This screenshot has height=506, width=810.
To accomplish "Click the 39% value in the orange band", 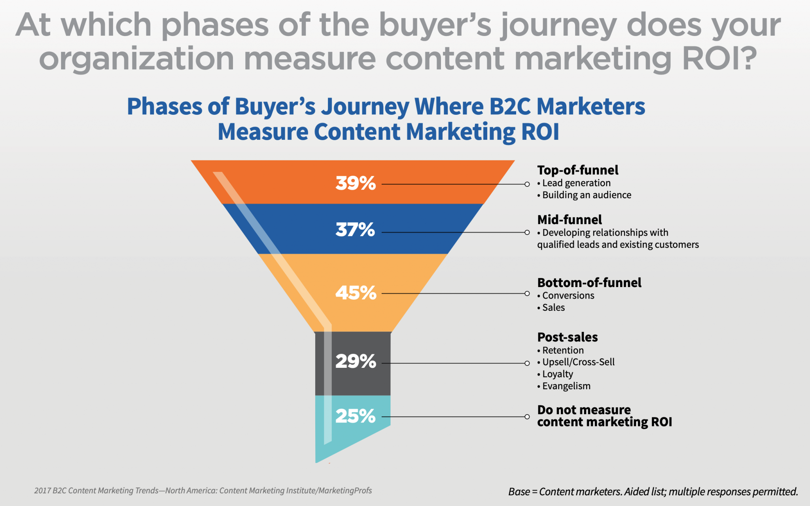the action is tap(356, 183).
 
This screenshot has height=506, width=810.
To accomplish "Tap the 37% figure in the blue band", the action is tap(355, 230).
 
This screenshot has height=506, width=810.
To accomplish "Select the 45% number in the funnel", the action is tap(356, 293).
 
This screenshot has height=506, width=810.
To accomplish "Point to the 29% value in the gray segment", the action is tap(356, 361).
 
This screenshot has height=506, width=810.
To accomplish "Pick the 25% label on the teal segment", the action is tap(356, 416).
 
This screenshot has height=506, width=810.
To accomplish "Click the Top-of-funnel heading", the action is tap(578, 170).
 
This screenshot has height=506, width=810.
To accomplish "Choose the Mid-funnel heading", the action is tap(570, 220).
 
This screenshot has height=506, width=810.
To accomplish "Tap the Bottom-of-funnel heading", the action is tap(589, 283).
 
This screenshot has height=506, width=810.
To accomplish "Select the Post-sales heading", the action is tap(568, 337).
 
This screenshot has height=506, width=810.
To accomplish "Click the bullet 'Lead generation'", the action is tap(576, 183).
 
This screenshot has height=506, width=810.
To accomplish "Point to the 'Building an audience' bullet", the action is tap(587, 195).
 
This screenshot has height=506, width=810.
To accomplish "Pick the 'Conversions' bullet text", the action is tap(568, 296).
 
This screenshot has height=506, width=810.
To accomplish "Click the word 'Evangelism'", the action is tap(566, 386).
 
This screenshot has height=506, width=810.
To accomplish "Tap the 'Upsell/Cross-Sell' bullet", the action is tap(579, 362).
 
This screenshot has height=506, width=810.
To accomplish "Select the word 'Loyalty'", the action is tap(558, 375).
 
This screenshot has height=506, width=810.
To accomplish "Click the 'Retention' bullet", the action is tap(563, 351).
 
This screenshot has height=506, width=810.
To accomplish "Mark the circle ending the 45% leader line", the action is tap(527, 293).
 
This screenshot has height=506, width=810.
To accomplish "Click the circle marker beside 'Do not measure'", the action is tap(527, 417).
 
